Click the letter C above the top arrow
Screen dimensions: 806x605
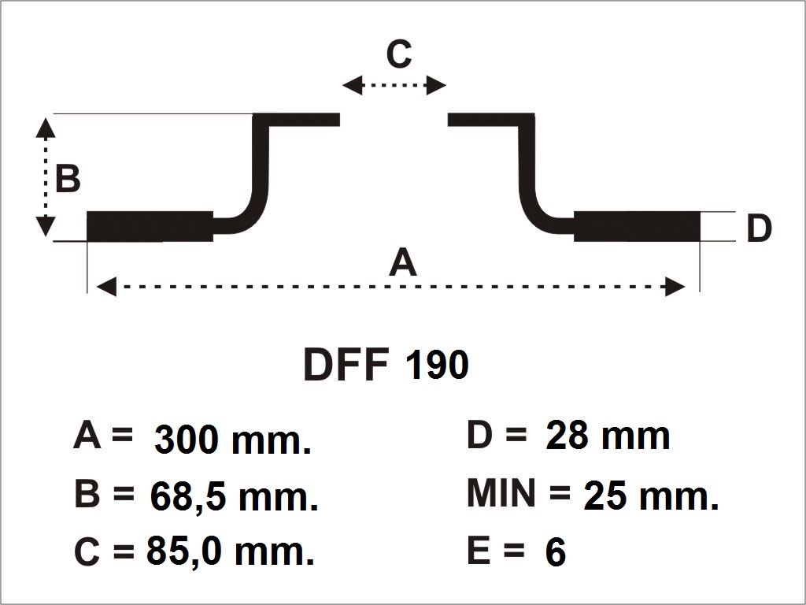pyautogui.click(x=399, y=54)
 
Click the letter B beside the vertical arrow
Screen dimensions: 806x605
pyautogui.click(x=68, y=178)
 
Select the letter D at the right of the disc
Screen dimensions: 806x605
pyautogui.click(x=759, y=228)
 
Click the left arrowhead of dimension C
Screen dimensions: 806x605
pyautogui.click(x=353, y=85)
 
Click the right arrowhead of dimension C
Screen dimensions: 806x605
pyautogui.click(x=436, y=85)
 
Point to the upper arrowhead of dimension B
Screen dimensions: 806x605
pyautogui.click(x=46, y=128)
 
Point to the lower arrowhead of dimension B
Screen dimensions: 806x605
pyautogui.click(x=46, y=226)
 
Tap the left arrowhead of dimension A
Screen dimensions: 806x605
pyautogui.click(x=106, y=286)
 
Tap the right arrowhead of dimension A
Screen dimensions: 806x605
pyautogui.click(x=675, y=286)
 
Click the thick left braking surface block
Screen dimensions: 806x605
pyautogui.click(x=150, y=226)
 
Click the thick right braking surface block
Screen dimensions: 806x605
pyautogui.click(x=637, y=226)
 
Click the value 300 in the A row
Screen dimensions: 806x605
pyautogui.click(x=186, y=440)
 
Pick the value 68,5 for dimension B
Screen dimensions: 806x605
pyautogui.click(x=188, y=497)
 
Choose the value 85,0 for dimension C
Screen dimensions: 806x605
pyautogui.click(x=184, y=551)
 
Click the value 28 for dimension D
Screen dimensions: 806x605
pyautogui.click(x=567, y=435)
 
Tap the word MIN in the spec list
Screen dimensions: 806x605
pyautogui.click(x=501, y=493)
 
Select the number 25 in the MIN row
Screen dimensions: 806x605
pyautogui.click(x=605, y=496)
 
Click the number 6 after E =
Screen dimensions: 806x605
pyautogui.click(x=556, y=552)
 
